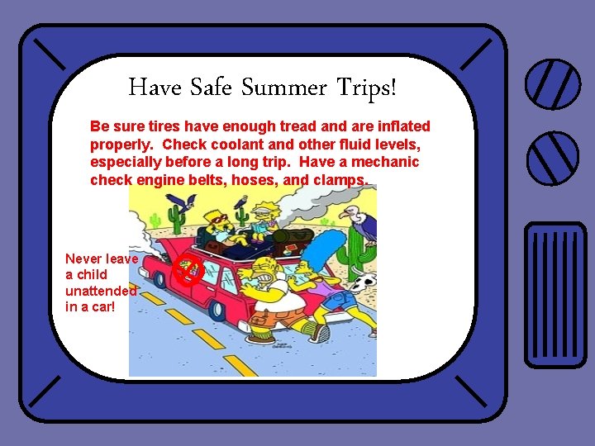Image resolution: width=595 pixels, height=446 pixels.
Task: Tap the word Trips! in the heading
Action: click(366, 87)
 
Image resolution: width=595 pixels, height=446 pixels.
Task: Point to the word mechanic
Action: click(384, 162)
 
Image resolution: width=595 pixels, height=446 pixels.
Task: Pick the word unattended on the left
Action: click(101, 291)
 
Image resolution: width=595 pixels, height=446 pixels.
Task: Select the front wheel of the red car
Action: click(217, 311)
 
